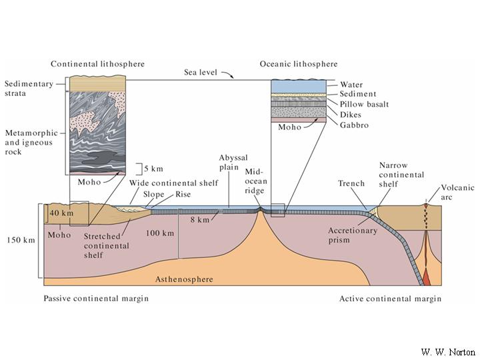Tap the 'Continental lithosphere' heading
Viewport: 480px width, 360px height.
click(98, 64)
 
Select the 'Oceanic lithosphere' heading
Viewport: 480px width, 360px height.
click(299, 64)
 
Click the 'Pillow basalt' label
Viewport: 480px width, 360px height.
click(364, 105)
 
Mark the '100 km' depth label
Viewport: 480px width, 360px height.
click(160, 233)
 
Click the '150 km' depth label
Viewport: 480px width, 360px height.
click(19, 241)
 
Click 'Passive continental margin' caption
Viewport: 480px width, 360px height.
click(96, 299)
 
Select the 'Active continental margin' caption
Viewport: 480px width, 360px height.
click(390, 299)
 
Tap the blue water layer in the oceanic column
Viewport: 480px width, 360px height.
click(299, 85)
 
